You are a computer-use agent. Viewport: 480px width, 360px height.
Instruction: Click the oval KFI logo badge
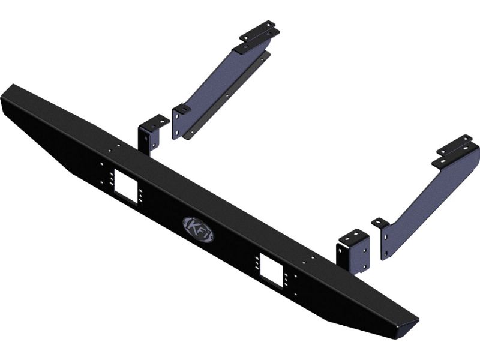[x=198, y=230]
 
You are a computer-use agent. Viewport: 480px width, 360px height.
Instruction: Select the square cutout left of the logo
[x=125, y=187]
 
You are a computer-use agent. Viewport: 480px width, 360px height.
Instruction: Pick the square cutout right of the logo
[x=271, y=269]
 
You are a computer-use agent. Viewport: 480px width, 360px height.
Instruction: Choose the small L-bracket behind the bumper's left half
[x=150, y=134]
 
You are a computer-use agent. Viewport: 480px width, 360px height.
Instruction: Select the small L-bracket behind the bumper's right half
[x=353, y=251]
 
